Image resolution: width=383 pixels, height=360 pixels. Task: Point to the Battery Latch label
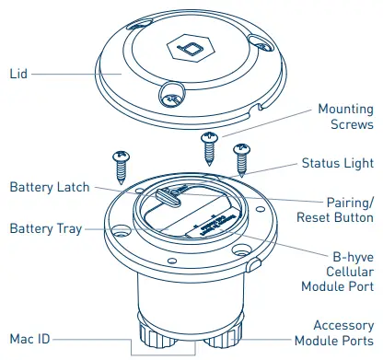50,187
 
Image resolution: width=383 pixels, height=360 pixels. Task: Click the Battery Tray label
46,227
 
